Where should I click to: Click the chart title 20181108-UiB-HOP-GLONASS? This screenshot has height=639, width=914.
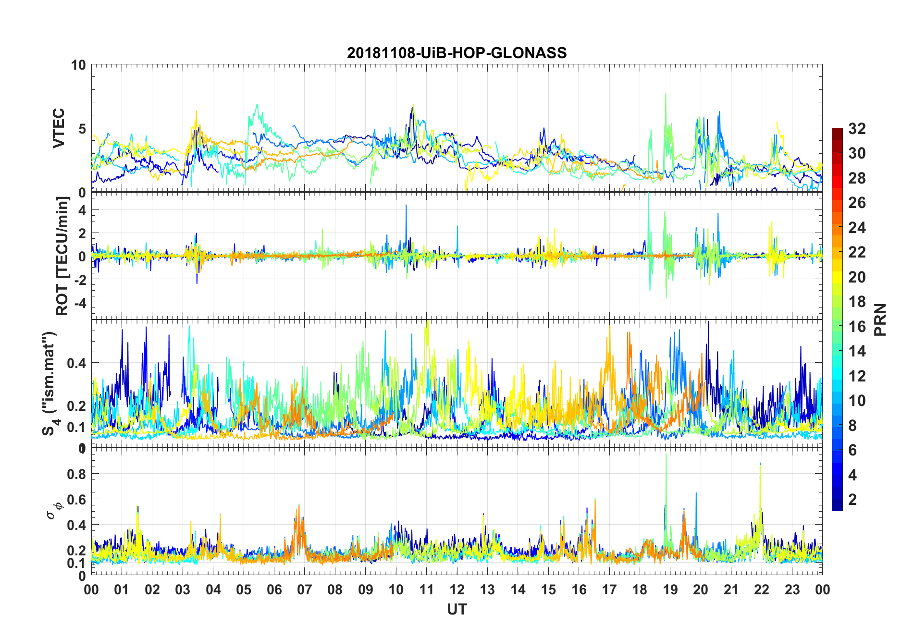pos(457,53)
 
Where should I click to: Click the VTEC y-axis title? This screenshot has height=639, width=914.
pos(59,128)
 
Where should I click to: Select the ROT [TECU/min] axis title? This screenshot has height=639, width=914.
pos(62,256)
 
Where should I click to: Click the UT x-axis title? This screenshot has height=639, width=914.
pos(457,609)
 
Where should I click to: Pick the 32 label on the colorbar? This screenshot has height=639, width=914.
pos(857,129)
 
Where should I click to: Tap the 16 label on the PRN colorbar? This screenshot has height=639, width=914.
pos(857,327)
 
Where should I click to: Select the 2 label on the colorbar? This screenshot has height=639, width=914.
pos(852,500)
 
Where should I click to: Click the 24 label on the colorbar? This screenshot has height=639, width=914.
pos(857,228)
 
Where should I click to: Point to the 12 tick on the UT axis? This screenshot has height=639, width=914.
pos(457,590)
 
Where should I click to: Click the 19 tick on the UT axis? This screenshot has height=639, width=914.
pos(670,590)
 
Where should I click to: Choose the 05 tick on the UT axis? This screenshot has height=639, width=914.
pos(244,590)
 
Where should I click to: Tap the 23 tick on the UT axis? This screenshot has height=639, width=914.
pos(792,590)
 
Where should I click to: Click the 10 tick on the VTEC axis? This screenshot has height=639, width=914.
pos(78,65)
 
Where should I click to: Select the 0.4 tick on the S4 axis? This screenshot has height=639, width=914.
pos(76,363)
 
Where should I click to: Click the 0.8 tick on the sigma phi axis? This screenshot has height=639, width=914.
pos(76,474)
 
